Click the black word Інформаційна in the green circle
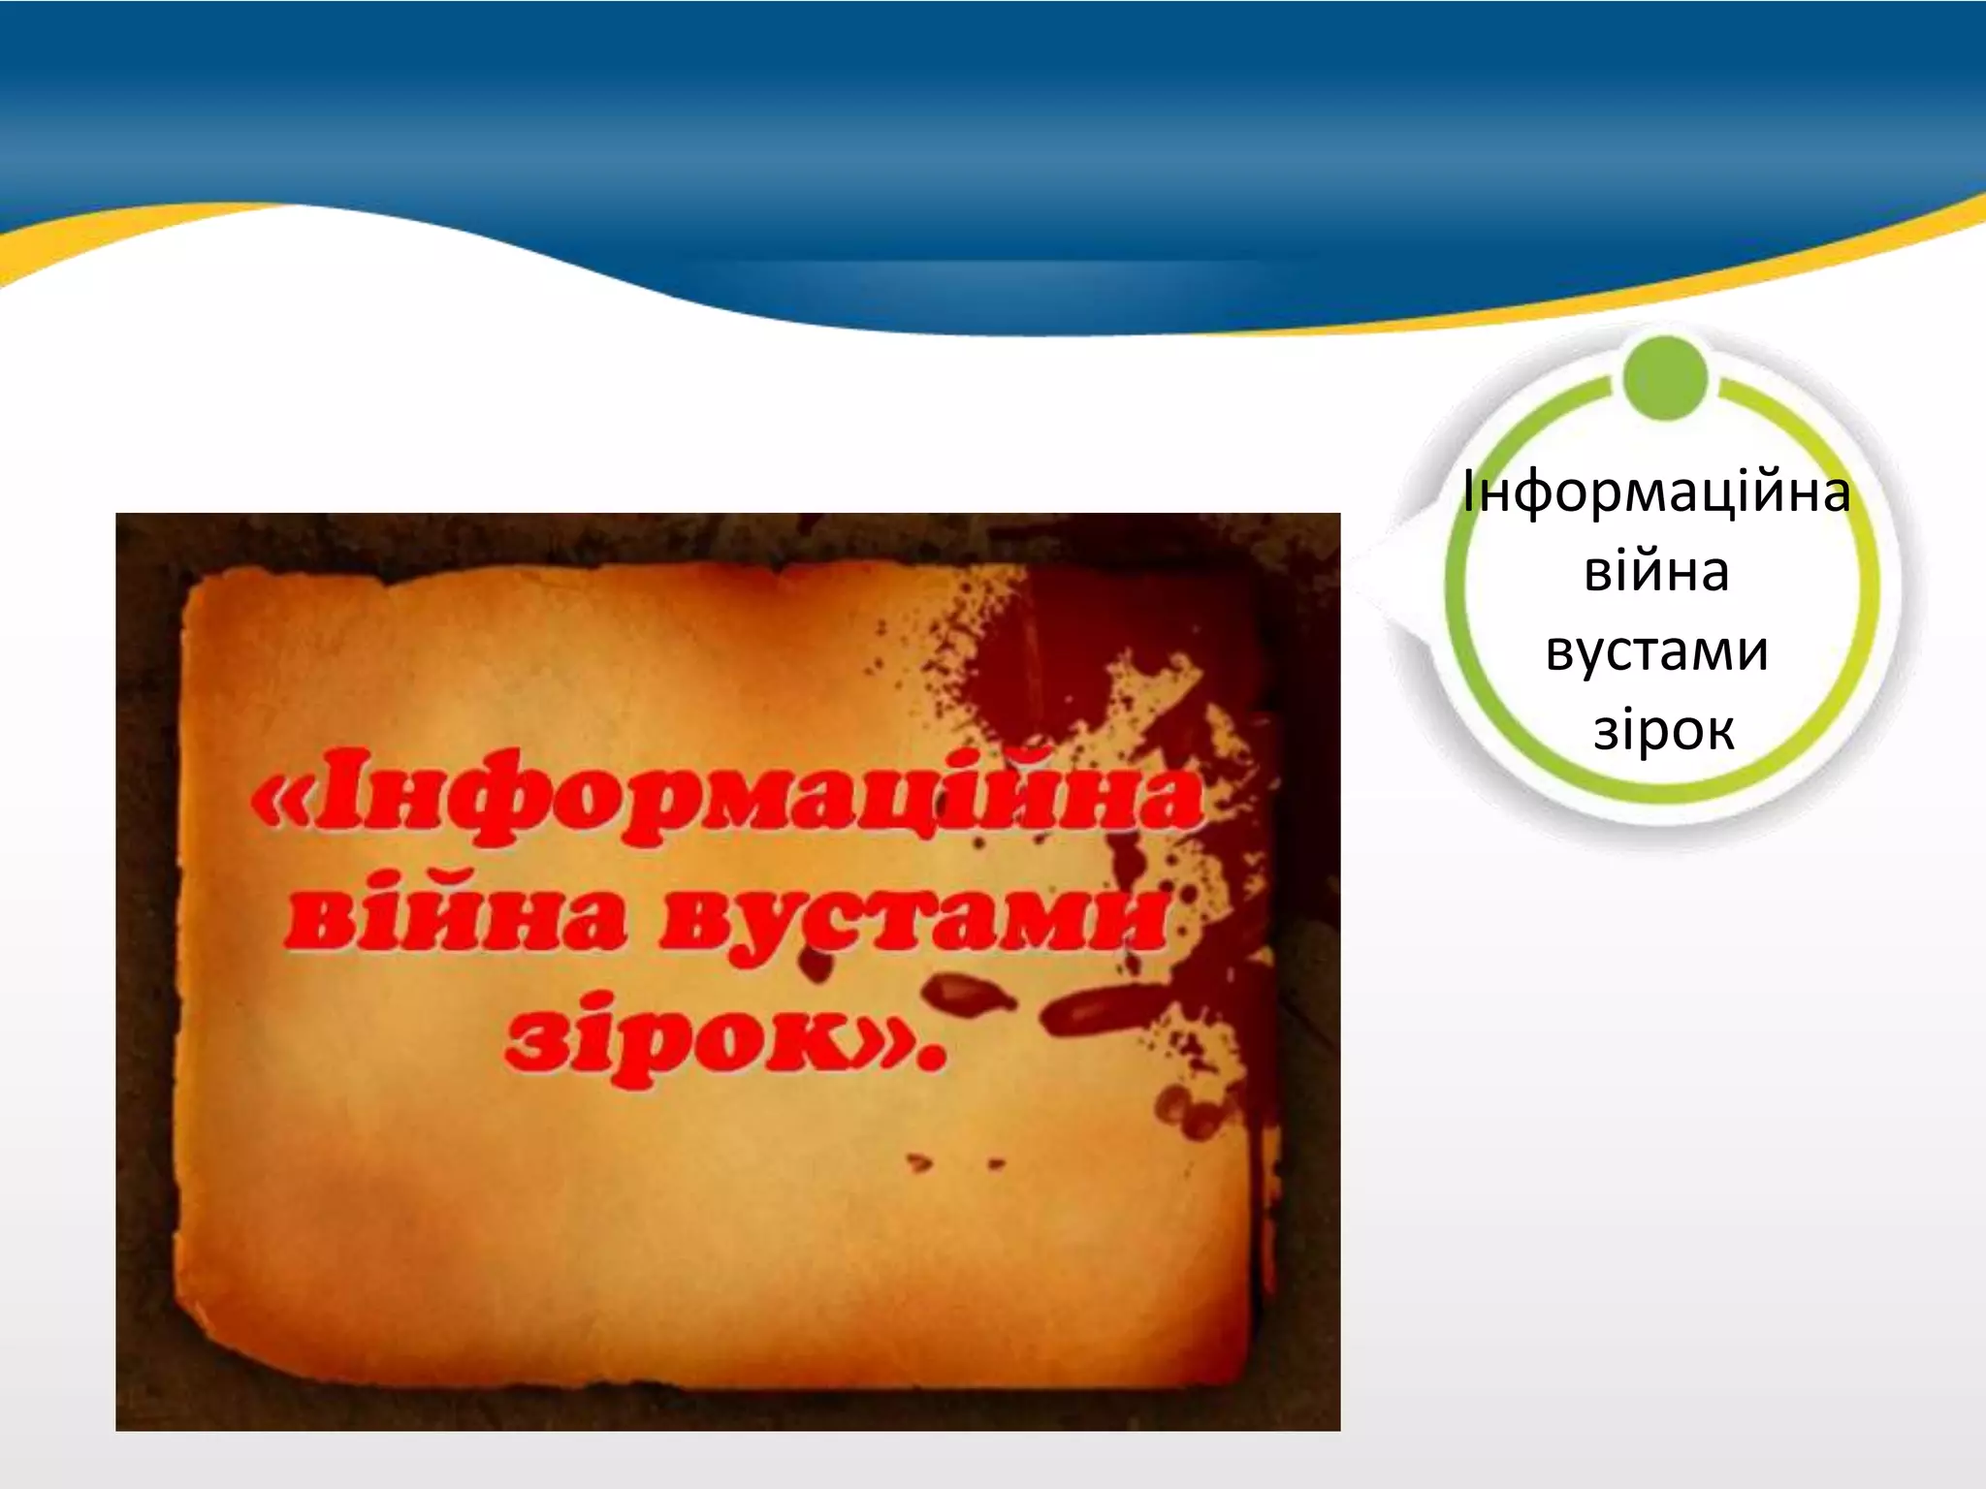coord(1656,493)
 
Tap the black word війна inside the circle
coord(1656,572)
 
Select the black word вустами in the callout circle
coord(1656,651)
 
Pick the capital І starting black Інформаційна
coord(1470,493)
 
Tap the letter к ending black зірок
coord(1718,733)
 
